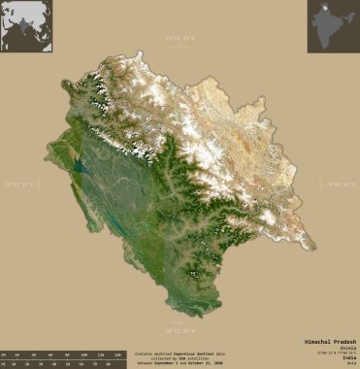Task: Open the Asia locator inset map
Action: point(26,26)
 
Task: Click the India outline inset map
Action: point(333,26)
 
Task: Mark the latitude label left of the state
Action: point(18,183)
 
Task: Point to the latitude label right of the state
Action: point(342,183)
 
